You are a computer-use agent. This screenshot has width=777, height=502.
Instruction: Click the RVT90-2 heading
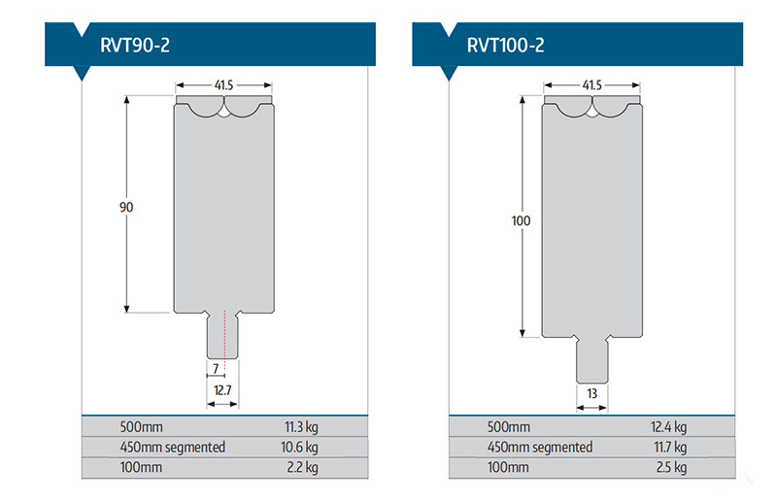pos(135,45)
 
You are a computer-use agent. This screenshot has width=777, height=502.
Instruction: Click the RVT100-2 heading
pos(505,45)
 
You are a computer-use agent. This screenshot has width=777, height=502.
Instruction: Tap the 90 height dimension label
pos(126,207)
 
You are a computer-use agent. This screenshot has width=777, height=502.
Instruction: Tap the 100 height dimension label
pos(521,220)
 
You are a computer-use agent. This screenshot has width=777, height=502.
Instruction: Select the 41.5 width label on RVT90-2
pos(223,85)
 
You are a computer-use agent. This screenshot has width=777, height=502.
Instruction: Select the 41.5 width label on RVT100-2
pos(591,85)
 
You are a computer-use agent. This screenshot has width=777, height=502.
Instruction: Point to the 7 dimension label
pos(216,369)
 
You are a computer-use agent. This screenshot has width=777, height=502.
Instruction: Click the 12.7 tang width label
pos(222,390)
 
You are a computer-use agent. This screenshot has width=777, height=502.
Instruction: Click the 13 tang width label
pos(591,393)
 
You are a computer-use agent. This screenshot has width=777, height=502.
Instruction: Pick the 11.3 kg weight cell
pos(301,426)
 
